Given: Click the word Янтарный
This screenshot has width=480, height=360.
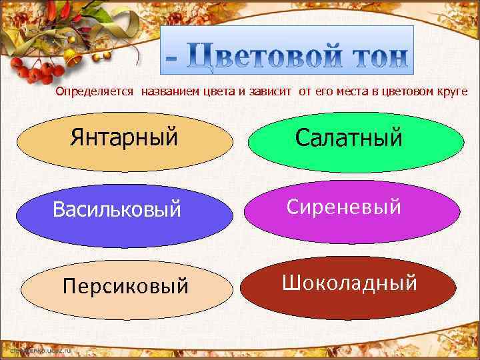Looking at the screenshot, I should pos(124,138).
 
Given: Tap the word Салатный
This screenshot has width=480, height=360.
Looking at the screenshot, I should pos(349,138).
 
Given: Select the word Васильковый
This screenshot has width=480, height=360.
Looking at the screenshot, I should pos(117,210).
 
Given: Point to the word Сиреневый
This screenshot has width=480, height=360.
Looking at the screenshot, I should pos(344,207).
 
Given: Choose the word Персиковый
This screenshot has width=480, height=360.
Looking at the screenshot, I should pos(125,286).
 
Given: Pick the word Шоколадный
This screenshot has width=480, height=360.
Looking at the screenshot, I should pos(349,283).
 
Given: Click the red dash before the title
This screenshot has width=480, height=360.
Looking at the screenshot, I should pos(173,59).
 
